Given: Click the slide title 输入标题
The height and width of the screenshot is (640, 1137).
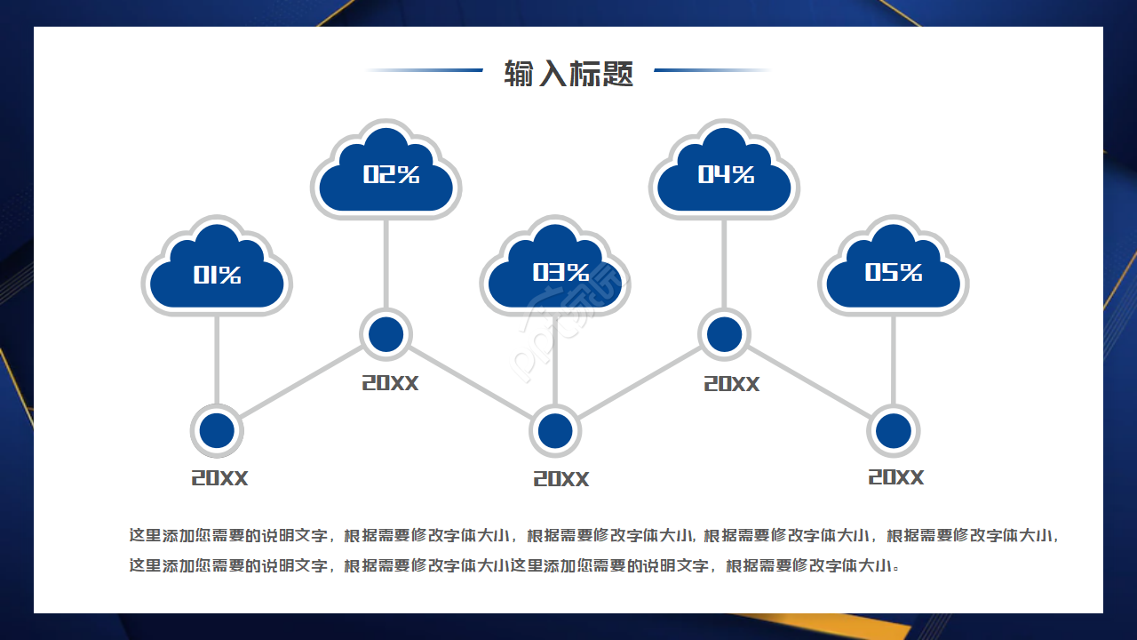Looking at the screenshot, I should [x=568, y=73].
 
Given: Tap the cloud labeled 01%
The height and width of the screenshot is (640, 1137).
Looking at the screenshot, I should [x=217, y=272].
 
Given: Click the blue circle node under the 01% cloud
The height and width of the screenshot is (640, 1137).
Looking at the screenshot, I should [x=217, y=431].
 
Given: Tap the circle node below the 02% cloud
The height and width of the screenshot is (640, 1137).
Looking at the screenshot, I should [x=386, y=334].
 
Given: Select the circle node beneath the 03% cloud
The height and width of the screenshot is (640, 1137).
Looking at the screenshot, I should [x=555, y=431].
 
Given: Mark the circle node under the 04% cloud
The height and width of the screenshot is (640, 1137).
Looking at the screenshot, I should [x=725, y=334].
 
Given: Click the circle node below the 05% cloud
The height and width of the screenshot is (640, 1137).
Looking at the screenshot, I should [x=894, y=431].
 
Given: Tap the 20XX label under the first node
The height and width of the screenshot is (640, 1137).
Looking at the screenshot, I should [x=219, y=478].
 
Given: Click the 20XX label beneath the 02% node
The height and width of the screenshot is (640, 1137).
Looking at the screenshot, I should [x=390, y=383].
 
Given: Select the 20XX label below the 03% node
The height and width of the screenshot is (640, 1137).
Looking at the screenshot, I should [x=561, y=479].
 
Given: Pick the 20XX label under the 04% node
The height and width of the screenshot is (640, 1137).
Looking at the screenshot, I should [x=732, y=384].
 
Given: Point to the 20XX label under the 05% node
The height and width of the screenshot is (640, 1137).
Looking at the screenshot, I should [x=895, y=477].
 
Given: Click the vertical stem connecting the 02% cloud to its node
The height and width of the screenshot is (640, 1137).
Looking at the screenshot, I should [x=386, y=262].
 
